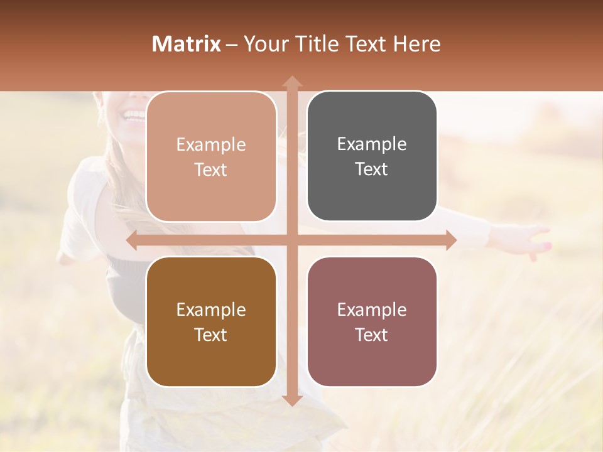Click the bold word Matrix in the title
point(187,44)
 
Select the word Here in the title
point(416,44)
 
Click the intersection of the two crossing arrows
point(291,240)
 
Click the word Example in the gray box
point(372,144)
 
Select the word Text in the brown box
point(211,335)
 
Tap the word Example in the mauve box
point(372,309)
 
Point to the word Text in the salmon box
point(211,169)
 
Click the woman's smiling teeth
point(134,115)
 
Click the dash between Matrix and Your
point(232,45)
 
